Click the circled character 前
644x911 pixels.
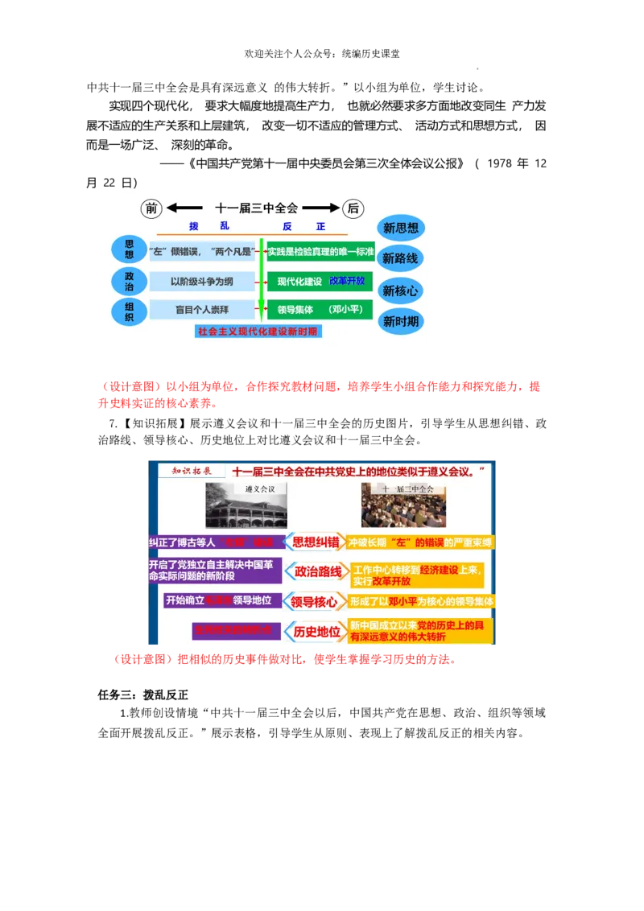[151, 208]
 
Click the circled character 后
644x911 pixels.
[353, 208]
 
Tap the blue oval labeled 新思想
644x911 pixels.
[400, 228]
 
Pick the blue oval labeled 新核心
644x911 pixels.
[400, 291]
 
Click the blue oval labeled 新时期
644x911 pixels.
[400, 322]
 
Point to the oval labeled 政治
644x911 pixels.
[129, 281]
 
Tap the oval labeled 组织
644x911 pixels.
[129, 311]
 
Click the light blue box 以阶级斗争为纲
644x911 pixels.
[202, 282]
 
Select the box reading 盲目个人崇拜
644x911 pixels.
[202, 310]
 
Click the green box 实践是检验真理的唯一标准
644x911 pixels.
[321, 252]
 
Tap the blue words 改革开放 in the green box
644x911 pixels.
[347, 281]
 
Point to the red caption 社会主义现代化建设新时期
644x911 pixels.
[258, 331]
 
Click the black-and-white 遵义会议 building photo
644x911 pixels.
[246, 505]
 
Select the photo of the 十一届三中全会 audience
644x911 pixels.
[403, 505]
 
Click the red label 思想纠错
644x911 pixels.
[315, 542]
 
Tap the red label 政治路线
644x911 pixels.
[318, 571]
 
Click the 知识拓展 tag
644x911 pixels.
[186, 471]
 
